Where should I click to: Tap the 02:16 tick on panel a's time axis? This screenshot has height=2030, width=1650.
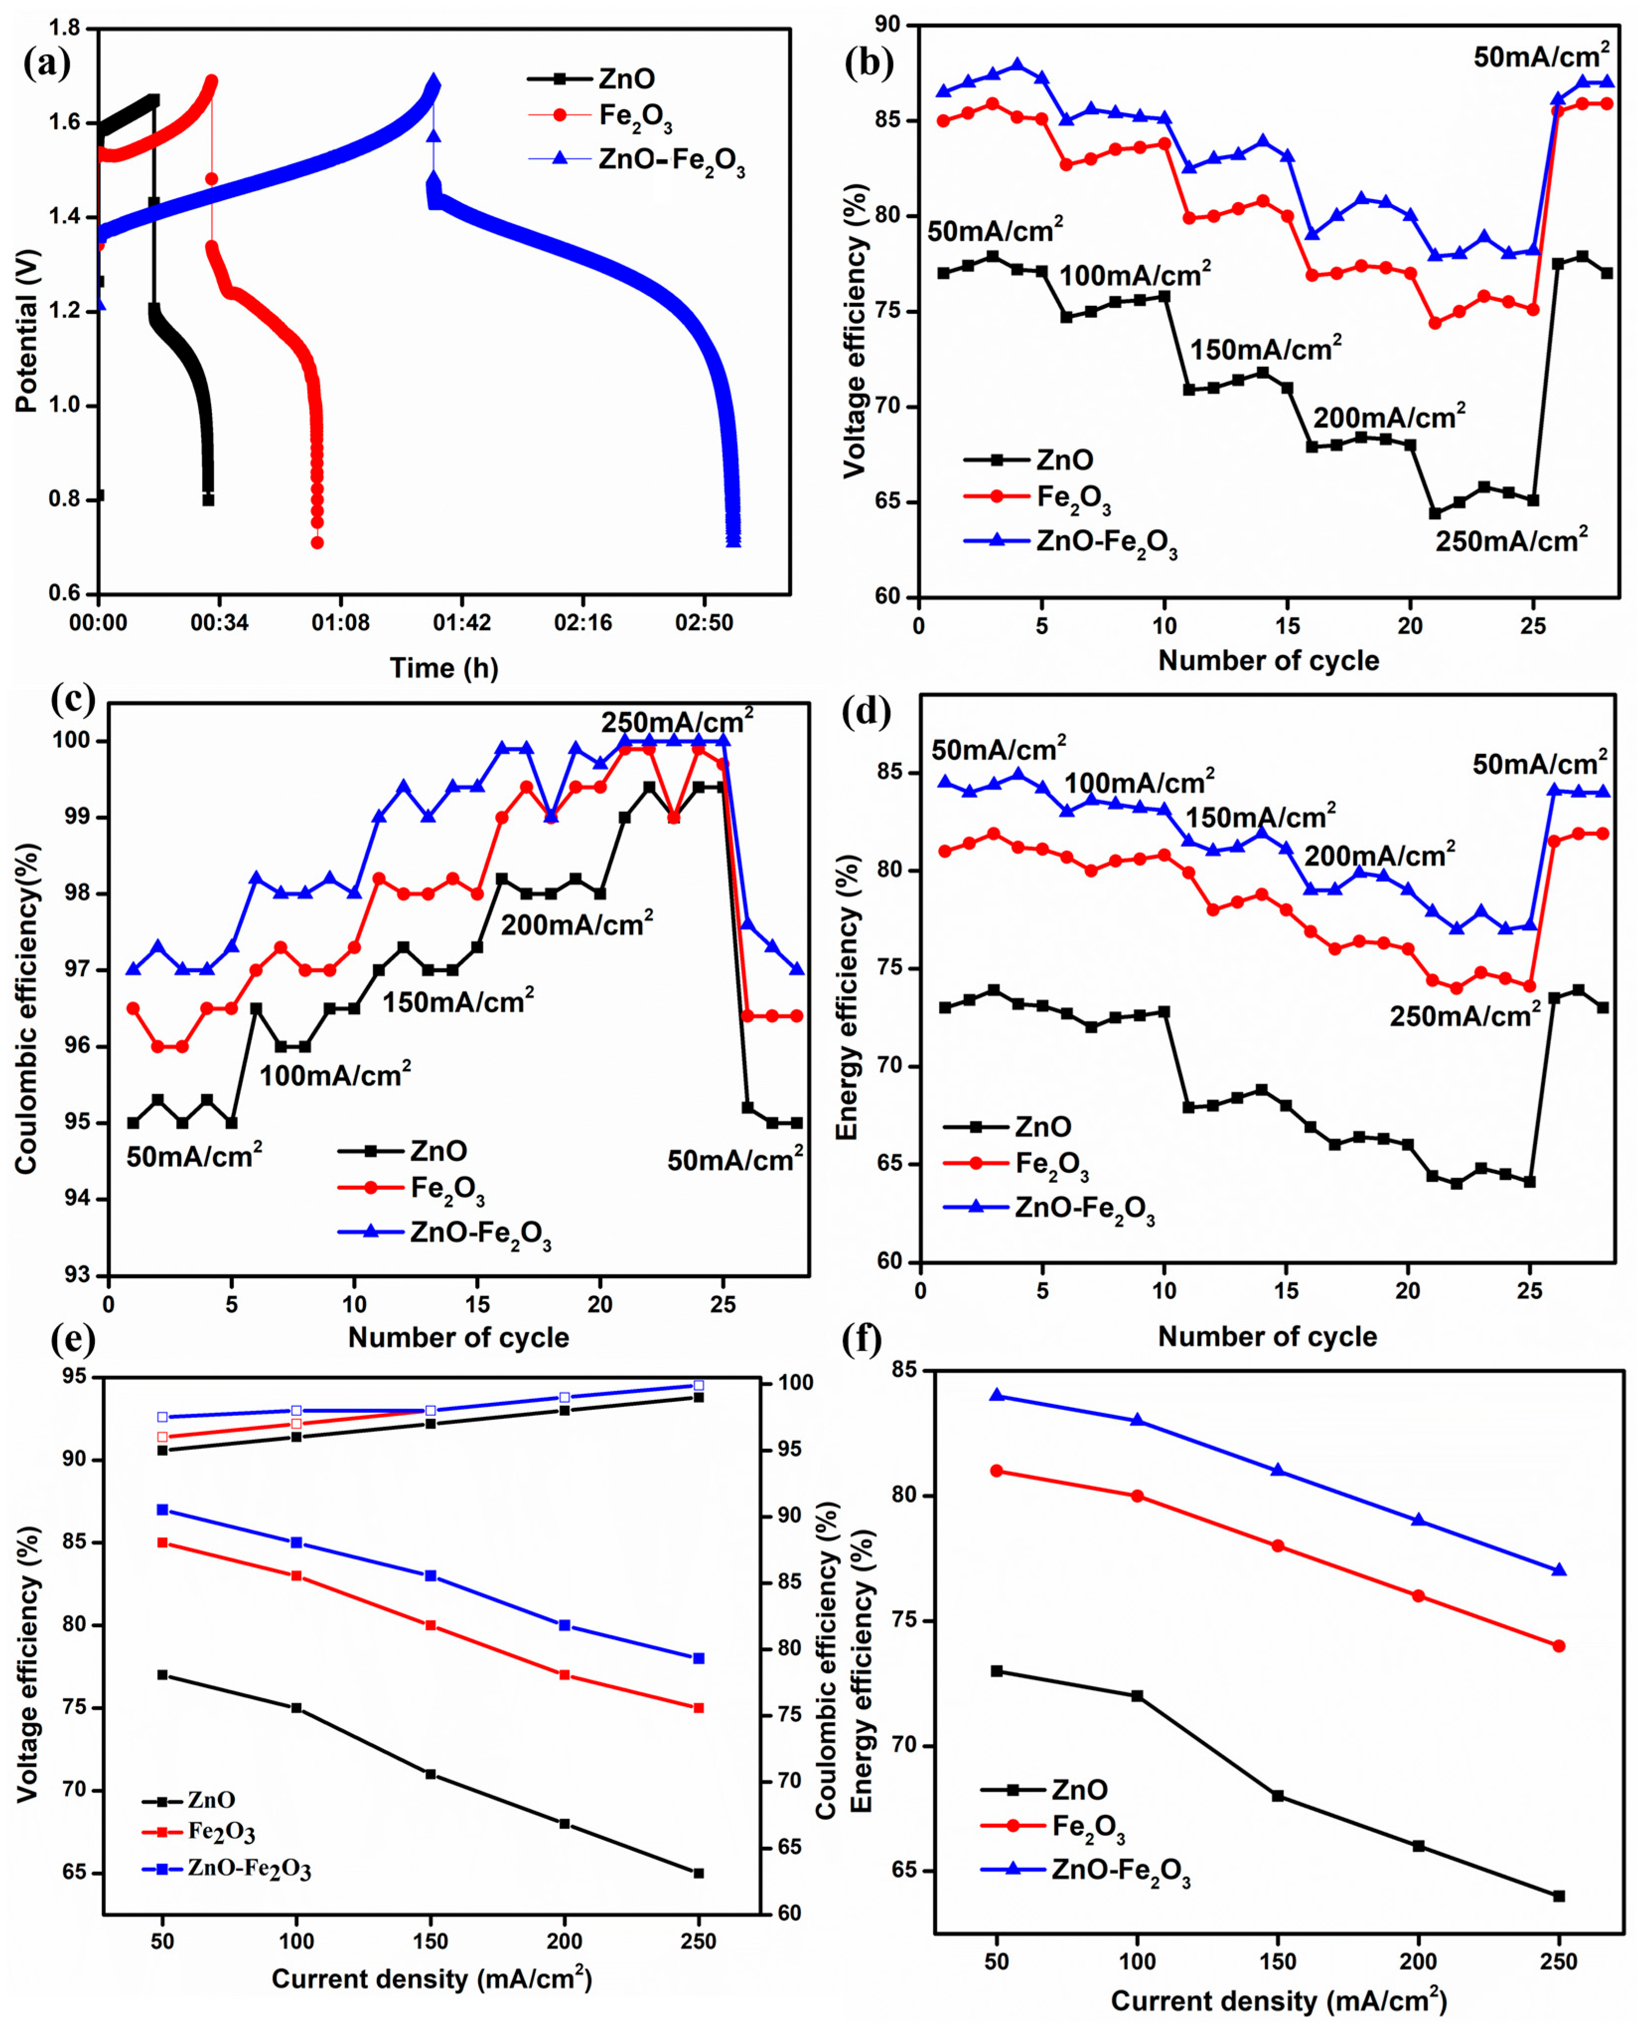[582, 623]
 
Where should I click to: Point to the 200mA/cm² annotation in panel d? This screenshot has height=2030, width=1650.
[1379, 855]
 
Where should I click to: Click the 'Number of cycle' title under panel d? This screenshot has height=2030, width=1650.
[1267, 1336]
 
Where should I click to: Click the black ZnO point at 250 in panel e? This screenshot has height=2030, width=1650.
[699, 1873]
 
